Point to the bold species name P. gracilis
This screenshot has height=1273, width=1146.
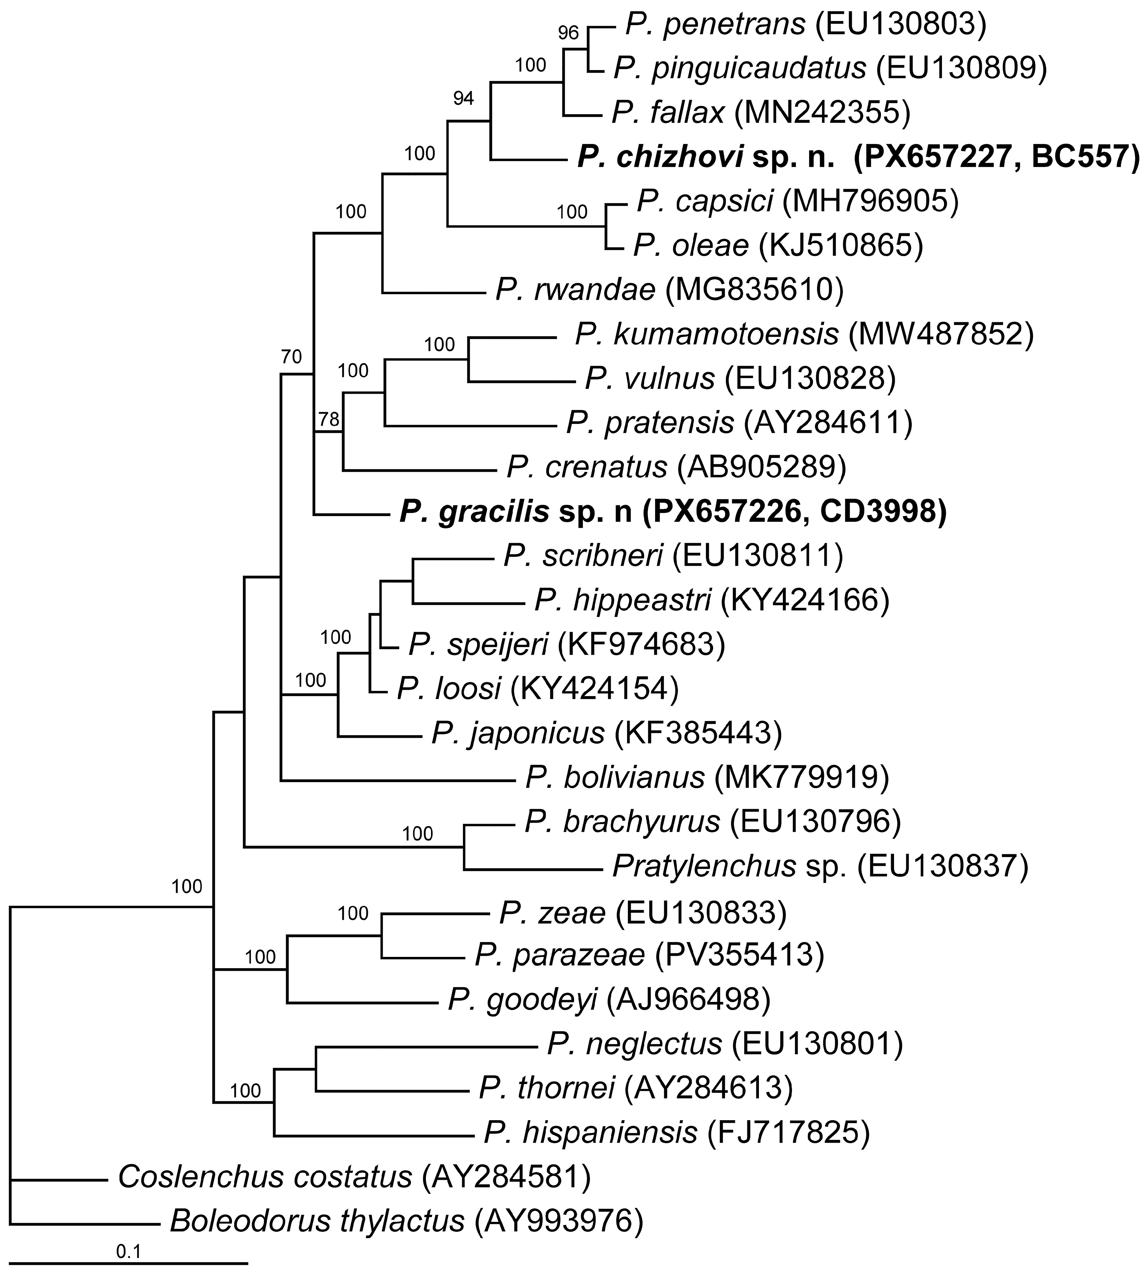[474, 513]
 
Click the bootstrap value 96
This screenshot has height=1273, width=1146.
[568, 33]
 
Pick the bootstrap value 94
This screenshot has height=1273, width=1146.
[463, 98]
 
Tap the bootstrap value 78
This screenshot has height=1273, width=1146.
[329, 418]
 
